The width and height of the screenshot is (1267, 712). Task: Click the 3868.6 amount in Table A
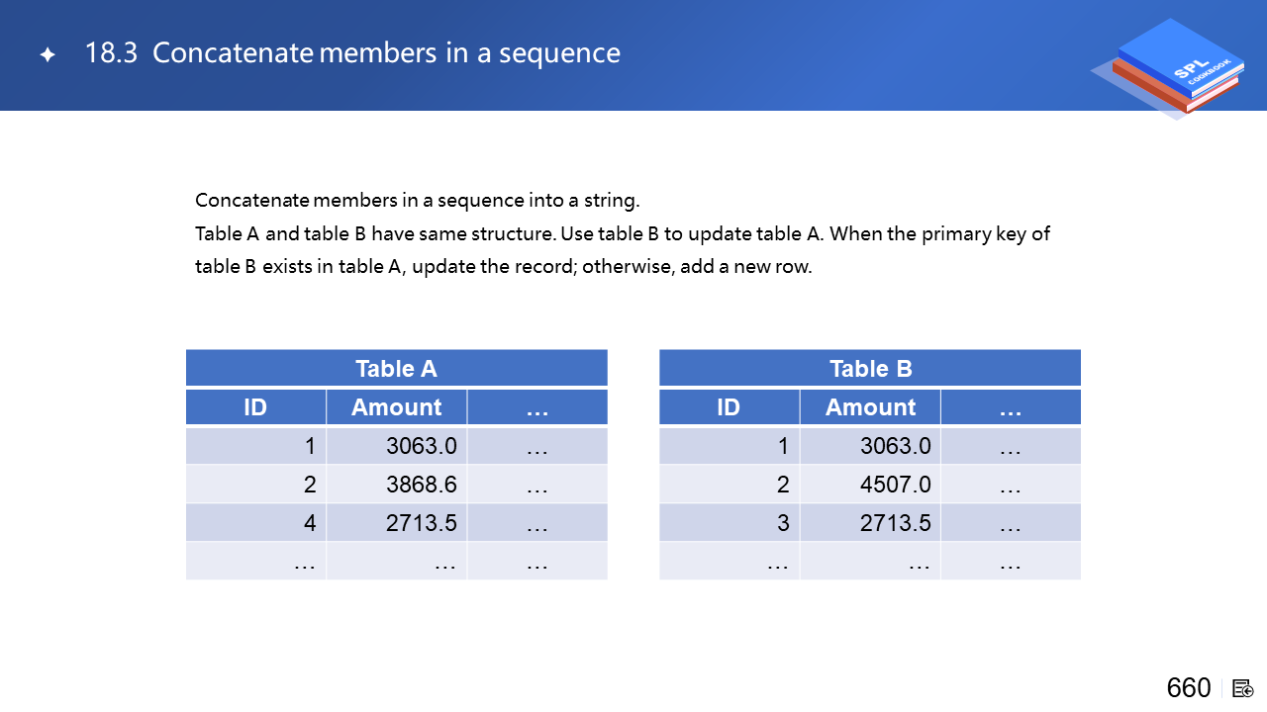[x=422, y=485]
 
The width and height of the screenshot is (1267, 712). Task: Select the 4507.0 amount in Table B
[x=896, y=485]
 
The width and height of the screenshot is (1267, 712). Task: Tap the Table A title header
[x=397, y=369]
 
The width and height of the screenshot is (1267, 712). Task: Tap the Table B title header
[x=870, y=369]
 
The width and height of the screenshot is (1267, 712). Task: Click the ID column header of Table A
[x=255, y=406]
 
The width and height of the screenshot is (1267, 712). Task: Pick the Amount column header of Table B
[x=870, y=406]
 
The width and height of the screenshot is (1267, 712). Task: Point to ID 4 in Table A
[x=310, y=523]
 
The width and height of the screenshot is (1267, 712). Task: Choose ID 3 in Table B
[x=783, y=523]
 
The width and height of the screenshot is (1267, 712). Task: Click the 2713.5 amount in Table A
[x=422, y=523]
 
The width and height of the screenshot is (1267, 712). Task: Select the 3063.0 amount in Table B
[x=896, y=446]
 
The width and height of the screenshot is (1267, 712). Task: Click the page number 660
[x=1189, y=688]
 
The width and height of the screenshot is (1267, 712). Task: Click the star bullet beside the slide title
[x=48, y=54]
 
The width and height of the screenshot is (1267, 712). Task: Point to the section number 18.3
[x=111, y=53]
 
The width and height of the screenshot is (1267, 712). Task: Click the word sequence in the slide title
[x=559, y=54]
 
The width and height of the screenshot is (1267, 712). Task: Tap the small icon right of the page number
[x=1242, y=689]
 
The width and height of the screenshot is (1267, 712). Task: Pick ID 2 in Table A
[x=310, y=485]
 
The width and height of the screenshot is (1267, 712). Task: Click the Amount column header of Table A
[x=397, y=406]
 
